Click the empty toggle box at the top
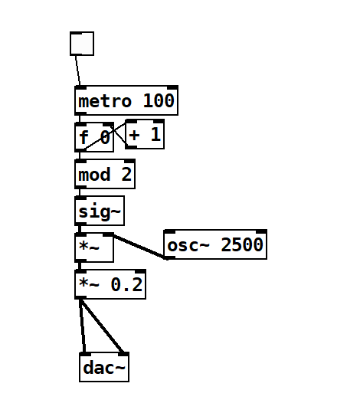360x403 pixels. tap(82, 44)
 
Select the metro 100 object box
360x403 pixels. tap(126, 100)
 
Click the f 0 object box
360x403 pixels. tap(94, 137)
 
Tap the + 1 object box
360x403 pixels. tap(145, 134)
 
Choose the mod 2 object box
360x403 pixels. tap(105, 174)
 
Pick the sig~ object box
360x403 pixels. tap(100, 211)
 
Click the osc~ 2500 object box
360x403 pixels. tap(215, 244)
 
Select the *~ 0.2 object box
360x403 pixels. tap(110, 284)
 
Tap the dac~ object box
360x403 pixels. tap(104, 367)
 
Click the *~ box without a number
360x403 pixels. tap(94, 247)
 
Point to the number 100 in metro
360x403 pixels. tap(159, 100)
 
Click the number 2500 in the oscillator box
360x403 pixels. tap(242, 244)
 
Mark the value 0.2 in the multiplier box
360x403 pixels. tap(126, 284)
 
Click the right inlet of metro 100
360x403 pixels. tap(172, 87)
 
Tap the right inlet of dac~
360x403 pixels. tap(123, 354)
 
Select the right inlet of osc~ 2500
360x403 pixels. tap(262, 231)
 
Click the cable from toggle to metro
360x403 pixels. tap(77, 70)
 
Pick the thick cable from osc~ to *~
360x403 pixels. tap(139, 247)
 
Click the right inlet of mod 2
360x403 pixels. tap(129, 161)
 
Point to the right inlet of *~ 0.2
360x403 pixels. tap(141, 271)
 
